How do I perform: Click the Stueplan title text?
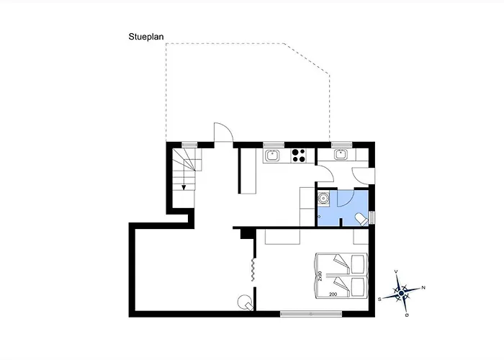(x=146, y=37)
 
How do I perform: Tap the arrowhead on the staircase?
(x=184, y=187)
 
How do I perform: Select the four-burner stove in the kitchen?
(x=299, y=156)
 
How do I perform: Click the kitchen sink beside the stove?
(x=273, y=156)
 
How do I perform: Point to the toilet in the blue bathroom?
(x=362, y=220)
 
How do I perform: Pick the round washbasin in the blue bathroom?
(x=323, y=197)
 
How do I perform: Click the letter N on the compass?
(x=423, y=288)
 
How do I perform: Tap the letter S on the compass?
(x=379, y=300)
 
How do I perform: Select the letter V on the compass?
(x=396, y=271)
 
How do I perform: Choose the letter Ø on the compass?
(x=407, y=315)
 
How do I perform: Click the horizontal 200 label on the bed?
(x=333, y=294)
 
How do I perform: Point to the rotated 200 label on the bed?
(x=320, y=276)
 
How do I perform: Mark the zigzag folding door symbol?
(x=253, y=269)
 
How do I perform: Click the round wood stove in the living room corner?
(x=245, y=302)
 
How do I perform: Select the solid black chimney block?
(x=247, y=233)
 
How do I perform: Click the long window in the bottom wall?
(x=311, y=314)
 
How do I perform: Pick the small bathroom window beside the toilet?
(x=372, y=217)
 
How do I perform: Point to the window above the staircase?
(x=189, y=145)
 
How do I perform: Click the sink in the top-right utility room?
(x=340, y=155)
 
